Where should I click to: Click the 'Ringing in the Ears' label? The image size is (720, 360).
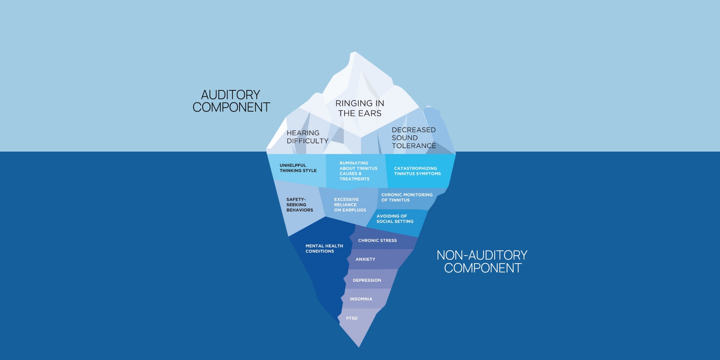click(x=360, y=108)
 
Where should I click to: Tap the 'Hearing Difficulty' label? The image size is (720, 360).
click(x=307, y=137)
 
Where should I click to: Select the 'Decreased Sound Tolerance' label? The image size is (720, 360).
click(x=414, y=138)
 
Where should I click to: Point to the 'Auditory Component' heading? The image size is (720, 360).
click(x=231, y=101)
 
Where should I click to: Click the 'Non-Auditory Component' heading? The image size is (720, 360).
click(x=482, y=262)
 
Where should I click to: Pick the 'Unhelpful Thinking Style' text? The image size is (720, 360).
click(x=298, y=168)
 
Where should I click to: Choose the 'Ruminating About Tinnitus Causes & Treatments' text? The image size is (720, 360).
click(x=358, y=171)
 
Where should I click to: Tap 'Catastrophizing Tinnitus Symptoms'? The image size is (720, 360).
click(x=417, y=171)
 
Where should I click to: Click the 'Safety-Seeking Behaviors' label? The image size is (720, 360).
click(x=300, y=205)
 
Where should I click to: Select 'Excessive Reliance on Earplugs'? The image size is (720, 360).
click(x=350, y=205)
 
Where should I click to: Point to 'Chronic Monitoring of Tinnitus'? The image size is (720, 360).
click(x=407, y=197)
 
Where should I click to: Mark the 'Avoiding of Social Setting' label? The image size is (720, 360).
click(x=395, y=218)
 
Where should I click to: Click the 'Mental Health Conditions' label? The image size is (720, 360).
click(x=324, y=248)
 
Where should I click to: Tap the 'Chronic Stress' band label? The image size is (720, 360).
click(x=377, y=240)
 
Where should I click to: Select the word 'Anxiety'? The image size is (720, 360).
click(x=365, y=259)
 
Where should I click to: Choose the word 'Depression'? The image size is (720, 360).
click(x=367, y=280)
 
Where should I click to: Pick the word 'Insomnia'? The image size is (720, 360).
click(x=361, y=299)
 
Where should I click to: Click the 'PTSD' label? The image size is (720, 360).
click(x=352, y=318)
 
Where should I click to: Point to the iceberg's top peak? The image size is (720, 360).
click(x=354, y=53)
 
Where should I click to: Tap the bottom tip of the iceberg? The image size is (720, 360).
click(x=359, y=346)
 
